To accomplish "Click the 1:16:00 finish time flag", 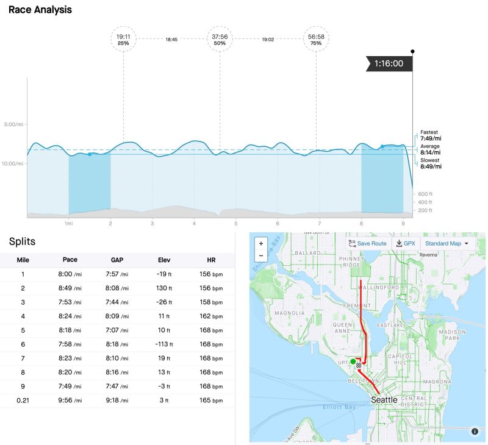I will tap(389, 63).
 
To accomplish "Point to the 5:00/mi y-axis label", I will tap(13, 124).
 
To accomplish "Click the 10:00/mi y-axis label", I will tap(13, 163).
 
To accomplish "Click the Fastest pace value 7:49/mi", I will tap(431, 138).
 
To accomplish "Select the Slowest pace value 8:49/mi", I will tap(431, 166).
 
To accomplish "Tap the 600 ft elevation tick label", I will tap(426, 193).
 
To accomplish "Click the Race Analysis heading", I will tap(40, 10).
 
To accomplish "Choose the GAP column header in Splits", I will tap(115, 260).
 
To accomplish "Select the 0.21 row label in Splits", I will tap(23, 400).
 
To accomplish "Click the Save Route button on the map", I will tap(367, 243).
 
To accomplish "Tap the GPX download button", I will tap(405, 243).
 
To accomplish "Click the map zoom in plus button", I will tap(261, 243).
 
